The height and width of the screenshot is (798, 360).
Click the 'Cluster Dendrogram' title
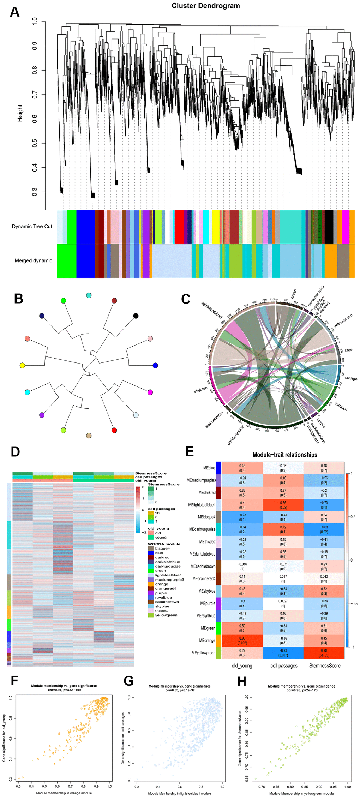click(205, 6)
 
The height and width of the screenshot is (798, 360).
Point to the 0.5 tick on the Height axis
click(35, 143)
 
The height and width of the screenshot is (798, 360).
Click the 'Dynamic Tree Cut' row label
click(32, 226)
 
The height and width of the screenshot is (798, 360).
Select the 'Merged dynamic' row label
click(33, 260)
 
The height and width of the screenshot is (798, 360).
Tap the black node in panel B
click(136, 316)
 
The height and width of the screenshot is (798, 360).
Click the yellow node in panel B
click(23, 365)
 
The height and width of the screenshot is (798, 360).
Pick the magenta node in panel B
click(150, 392)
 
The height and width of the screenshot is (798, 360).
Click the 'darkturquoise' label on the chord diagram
click(236, 435)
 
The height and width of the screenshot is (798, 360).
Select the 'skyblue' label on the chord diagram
click(200, 390)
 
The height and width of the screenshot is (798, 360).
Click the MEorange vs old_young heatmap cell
click(242, 641)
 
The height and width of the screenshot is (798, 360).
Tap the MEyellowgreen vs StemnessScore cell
click(324, 653)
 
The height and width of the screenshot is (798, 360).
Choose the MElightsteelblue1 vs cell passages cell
click(283, 505)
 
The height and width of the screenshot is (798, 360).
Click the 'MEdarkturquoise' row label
click(202, 529)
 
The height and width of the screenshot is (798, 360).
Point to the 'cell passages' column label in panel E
click(284, 666)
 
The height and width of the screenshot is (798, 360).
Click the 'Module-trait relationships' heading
click(285, 455)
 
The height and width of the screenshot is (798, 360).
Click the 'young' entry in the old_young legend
click(161, 538)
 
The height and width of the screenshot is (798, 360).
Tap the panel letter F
click(14, 681)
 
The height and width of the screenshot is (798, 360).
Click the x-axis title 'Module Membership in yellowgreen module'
click(301, 793)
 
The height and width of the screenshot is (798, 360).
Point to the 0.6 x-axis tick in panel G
click(180, 787)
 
